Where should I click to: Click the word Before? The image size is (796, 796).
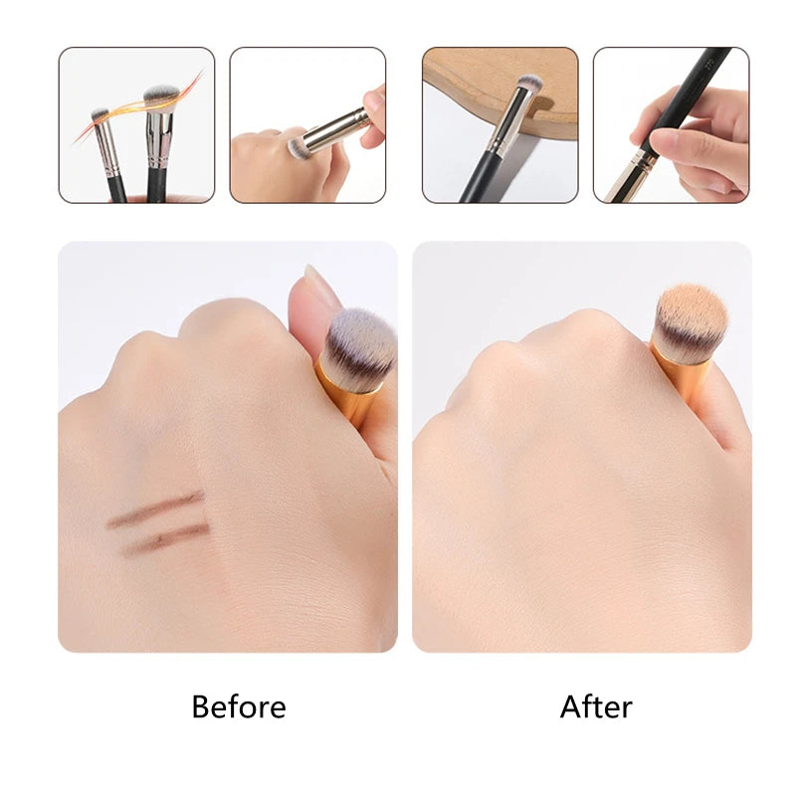(x=238, y=707)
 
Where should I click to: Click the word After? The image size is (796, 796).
(x=596, y=707)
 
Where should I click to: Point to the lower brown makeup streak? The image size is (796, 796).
(x=166, y=538)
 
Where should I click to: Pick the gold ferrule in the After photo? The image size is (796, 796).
(x=681, y=373)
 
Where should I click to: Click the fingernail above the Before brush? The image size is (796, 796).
(x=319, y=288)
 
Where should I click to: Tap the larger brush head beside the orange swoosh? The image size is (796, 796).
(x=159, y=97)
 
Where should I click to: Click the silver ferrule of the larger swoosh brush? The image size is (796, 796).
(x=158, y=138)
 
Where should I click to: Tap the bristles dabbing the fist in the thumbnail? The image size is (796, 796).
(x=297, y=148)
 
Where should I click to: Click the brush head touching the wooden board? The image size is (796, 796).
(x=530, y=84)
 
